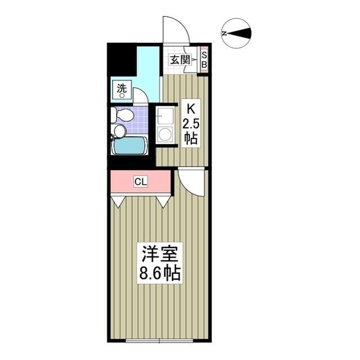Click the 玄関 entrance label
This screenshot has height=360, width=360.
179,60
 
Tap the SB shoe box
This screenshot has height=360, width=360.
204,60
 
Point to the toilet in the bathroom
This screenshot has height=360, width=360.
123,115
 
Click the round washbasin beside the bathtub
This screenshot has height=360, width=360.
119,131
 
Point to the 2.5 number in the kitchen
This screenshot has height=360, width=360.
191,123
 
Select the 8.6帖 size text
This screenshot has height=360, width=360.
160,274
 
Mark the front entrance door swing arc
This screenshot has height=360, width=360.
175,29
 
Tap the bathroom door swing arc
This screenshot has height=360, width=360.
141,95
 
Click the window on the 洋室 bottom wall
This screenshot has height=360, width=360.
159,340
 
